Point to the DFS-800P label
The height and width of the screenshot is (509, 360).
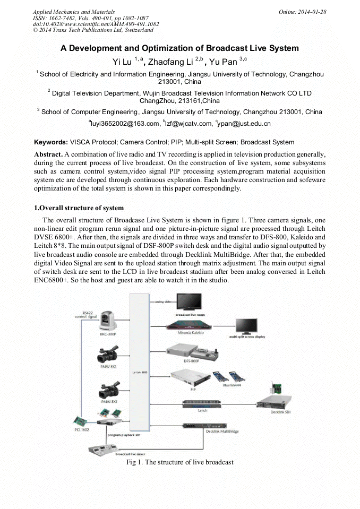pos(191,361)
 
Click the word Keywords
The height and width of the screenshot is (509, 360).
pos(50,142)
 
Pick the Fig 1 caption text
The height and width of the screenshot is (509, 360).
pos(179,462)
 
